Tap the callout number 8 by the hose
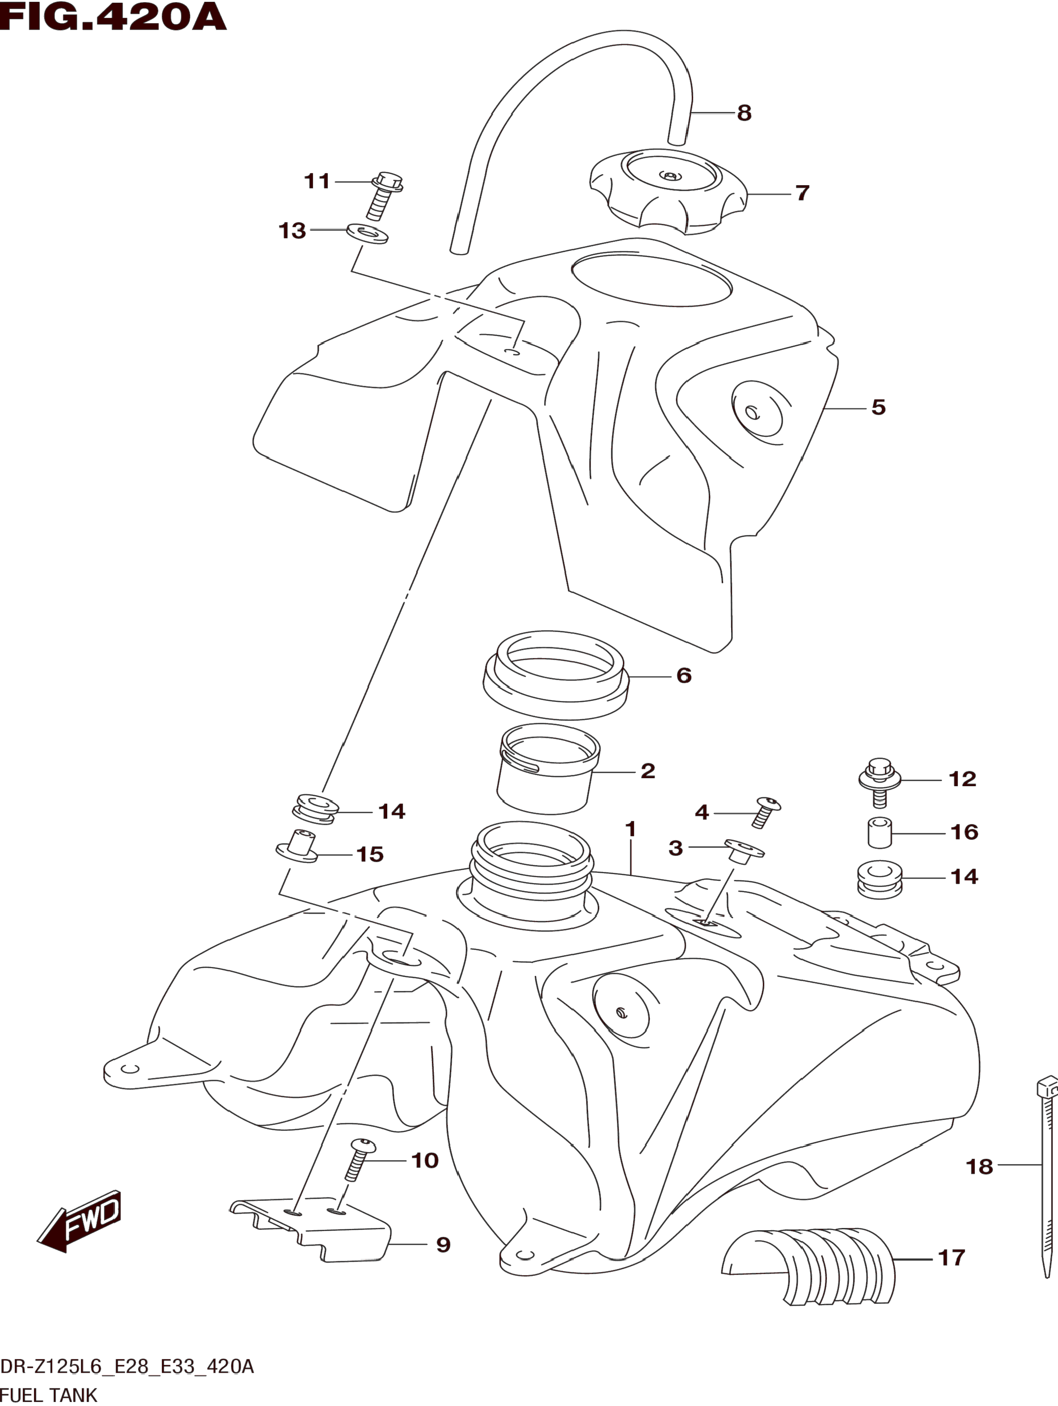(x=744, y=113)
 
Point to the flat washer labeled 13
(x=367, y=232)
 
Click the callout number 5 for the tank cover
(x=878, y=408)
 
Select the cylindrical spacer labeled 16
(x=880, y=833)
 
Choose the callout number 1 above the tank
(x=630, y=829)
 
